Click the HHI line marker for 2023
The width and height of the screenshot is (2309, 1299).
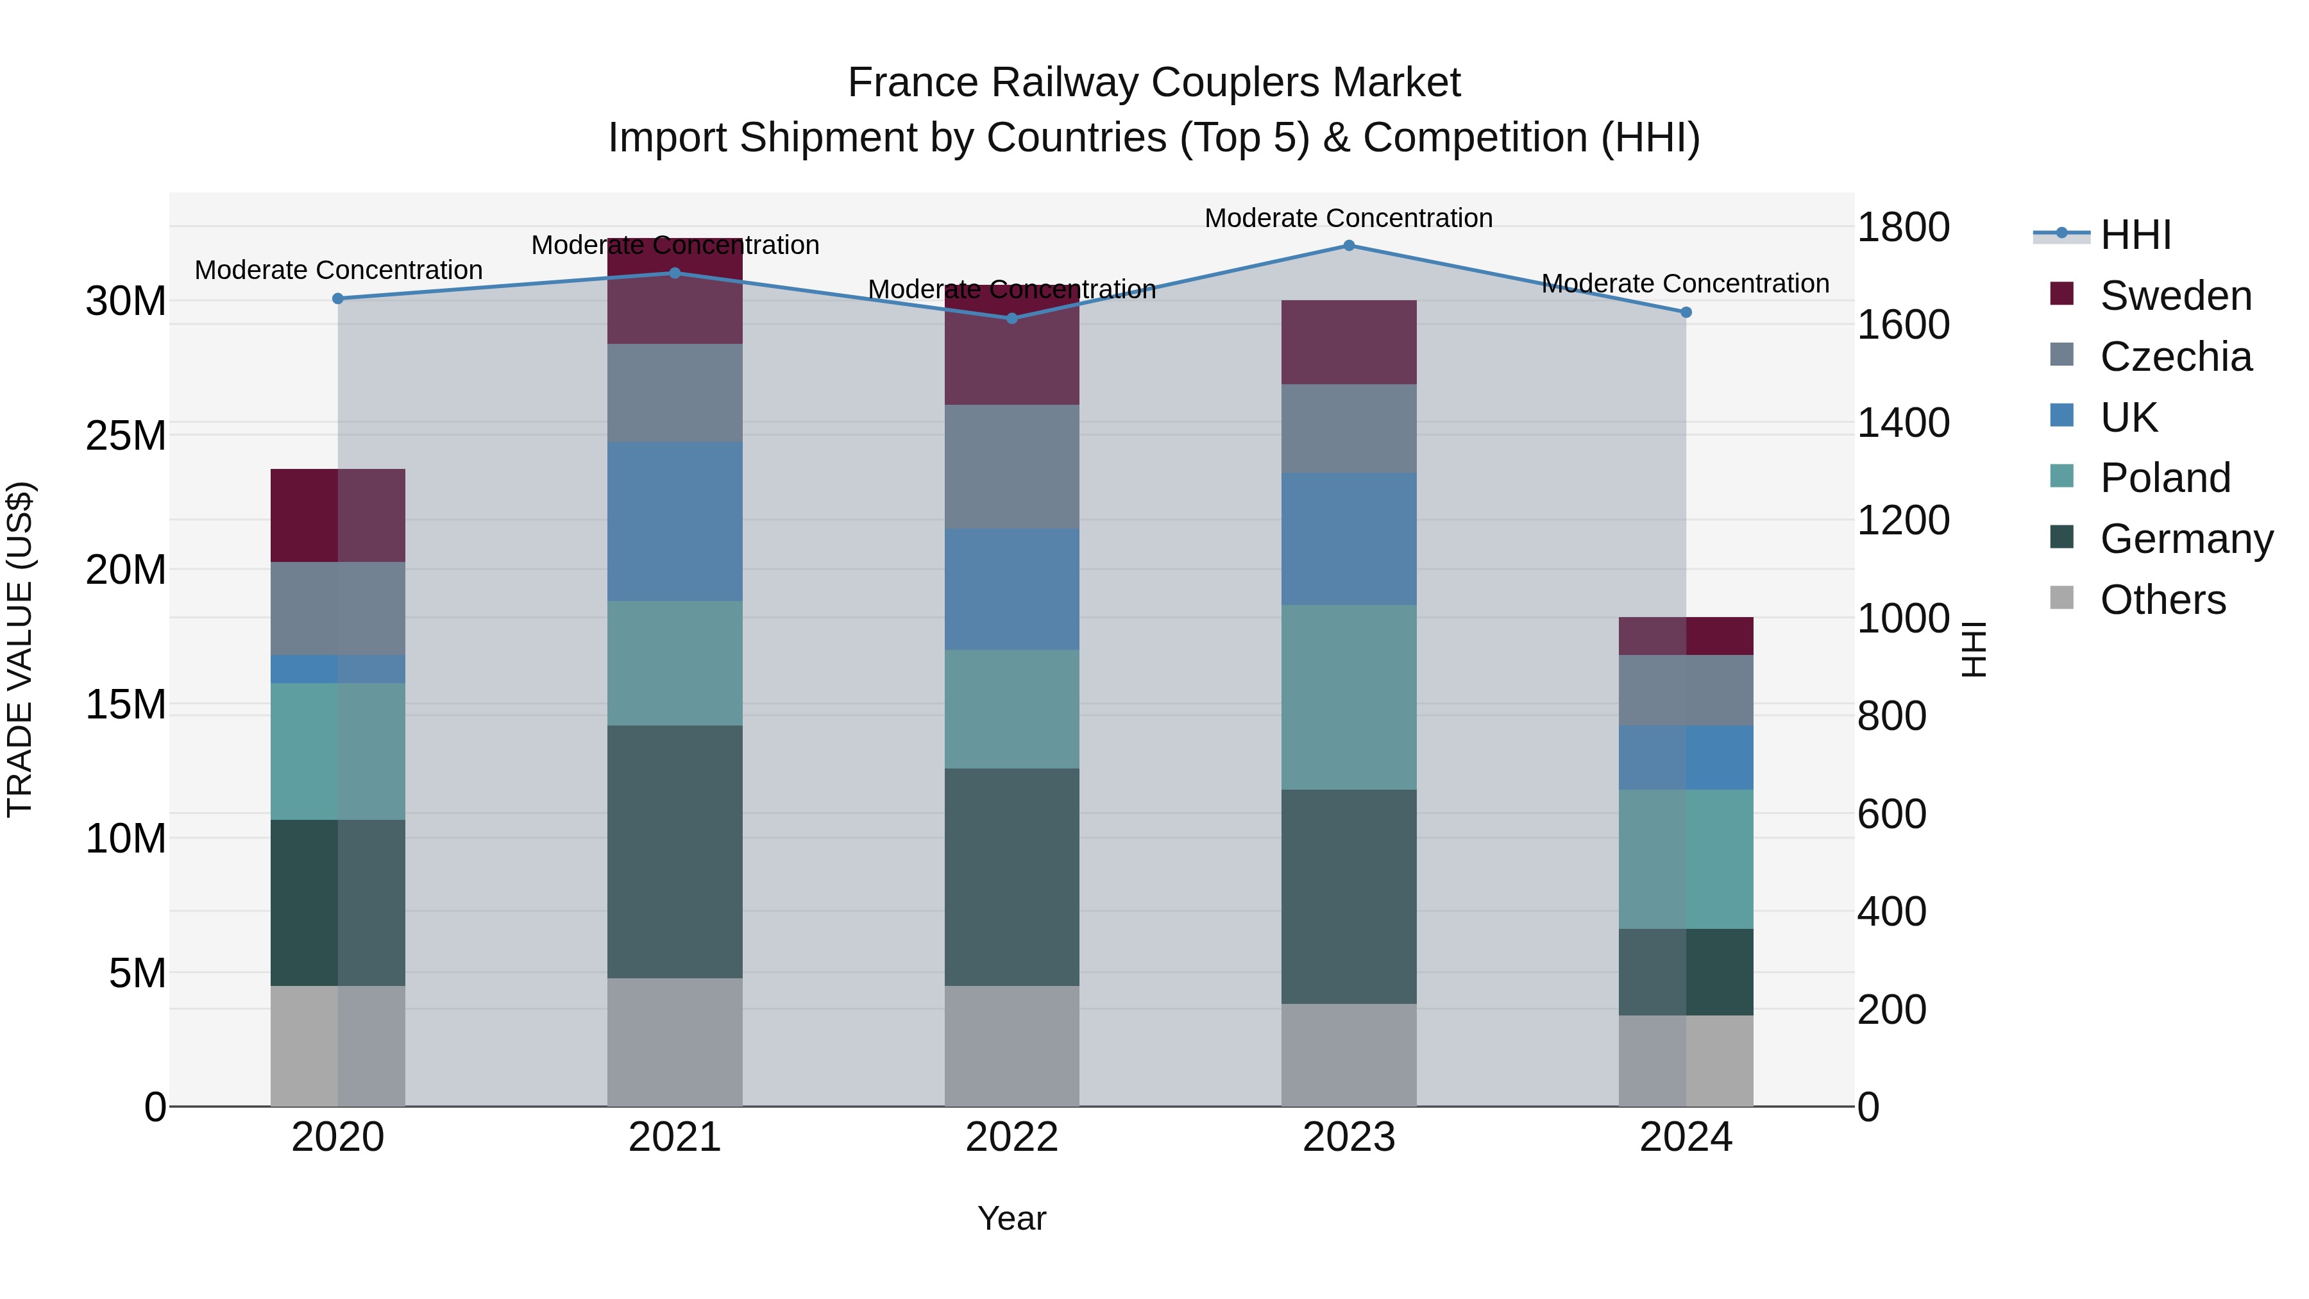click(1348, 246)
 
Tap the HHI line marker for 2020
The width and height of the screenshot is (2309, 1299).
click(338, 298)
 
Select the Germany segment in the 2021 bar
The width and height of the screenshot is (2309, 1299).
click(675, 852)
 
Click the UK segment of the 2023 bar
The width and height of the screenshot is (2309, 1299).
click(1348, 539)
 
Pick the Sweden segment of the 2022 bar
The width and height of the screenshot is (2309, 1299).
click(1012, 345)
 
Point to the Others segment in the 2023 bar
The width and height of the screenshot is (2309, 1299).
click(1348, 1055)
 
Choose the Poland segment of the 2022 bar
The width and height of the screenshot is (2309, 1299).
click(1012, 709)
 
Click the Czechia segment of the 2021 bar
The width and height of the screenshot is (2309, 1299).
click(675, 393)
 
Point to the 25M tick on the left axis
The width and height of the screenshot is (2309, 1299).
click(126, 436)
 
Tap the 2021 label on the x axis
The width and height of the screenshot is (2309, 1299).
click(675, 1137)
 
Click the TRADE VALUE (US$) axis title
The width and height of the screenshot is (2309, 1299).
click(20, 649)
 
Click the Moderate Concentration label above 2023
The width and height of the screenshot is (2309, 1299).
click(1348, 218)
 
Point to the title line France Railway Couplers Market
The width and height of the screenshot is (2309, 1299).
click(1154, 83)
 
